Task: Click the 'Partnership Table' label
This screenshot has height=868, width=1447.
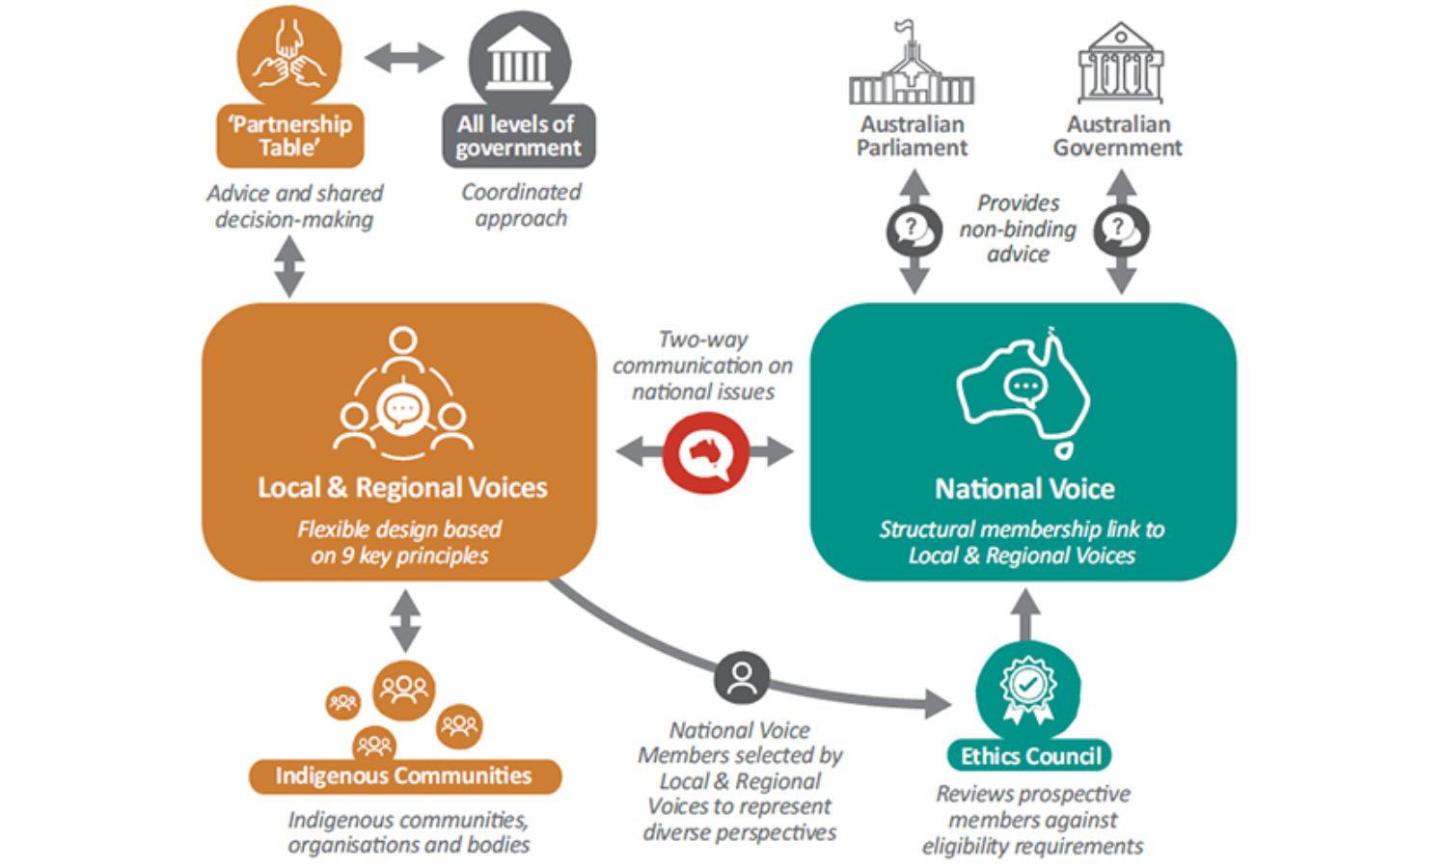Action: pos(289,136)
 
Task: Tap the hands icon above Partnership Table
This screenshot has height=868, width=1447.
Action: pos(289,56)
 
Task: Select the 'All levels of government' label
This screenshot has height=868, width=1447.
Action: pos(518,136)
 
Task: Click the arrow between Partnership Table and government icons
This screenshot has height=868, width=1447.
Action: pos(404,58)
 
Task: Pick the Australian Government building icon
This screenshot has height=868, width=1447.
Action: pos(1120,66)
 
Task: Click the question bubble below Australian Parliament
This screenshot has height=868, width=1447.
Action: pos(913,231)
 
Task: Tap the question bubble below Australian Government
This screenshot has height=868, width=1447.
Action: pos(1120,231)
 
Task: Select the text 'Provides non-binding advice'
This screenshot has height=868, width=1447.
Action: pos(1018,229)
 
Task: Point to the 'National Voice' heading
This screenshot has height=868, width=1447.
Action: pos(1024,489)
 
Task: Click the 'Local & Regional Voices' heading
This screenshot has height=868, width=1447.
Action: pos(402,487)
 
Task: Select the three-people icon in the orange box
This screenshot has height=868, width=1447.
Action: pos(402,395)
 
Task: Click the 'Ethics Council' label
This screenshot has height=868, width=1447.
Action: pos(1030,756)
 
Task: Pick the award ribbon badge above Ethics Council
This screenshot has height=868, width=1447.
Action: pos(1027,688)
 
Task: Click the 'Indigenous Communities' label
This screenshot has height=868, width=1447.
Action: pos(404,776)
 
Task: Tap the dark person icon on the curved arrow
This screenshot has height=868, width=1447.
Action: pos(742,678)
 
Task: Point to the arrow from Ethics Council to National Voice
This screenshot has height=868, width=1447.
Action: pos(1026,613)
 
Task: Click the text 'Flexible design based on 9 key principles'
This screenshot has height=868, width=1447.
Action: pos(399,542)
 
